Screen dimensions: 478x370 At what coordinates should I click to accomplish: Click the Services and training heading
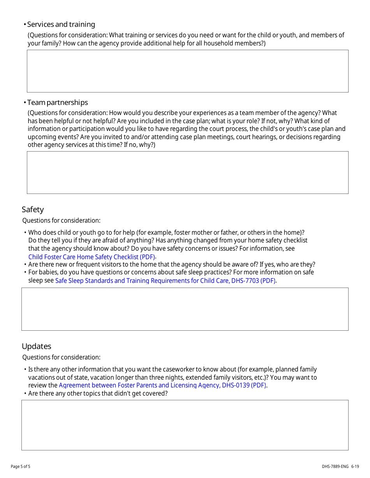61,24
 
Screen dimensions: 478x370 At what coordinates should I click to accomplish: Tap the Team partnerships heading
58,103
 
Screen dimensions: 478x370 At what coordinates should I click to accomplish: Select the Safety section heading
33,209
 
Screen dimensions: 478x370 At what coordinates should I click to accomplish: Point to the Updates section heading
37,346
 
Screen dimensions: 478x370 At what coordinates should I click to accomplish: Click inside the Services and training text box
187,71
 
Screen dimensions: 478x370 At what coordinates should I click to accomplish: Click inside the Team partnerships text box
187,173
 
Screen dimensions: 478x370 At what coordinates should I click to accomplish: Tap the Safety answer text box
185,309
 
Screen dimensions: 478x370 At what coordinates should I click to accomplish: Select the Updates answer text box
185,425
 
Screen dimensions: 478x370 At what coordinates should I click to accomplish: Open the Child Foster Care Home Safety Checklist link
92,257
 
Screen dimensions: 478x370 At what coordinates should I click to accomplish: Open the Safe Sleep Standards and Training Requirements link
165,281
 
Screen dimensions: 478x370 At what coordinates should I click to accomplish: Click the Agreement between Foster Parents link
162,386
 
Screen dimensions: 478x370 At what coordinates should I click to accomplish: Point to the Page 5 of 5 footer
20,466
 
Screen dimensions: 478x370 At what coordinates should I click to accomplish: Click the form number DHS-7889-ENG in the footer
335,466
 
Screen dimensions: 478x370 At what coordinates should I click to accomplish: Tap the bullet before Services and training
25,24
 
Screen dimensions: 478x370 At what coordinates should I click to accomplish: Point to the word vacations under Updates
42,377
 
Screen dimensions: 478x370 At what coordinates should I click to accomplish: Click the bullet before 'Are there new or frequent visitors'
25,265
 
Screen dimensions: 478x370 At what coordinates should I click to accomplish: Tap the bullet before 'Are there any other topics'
25,394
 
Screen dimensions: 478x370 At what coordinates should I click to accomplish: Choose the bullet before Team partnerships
25,103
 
